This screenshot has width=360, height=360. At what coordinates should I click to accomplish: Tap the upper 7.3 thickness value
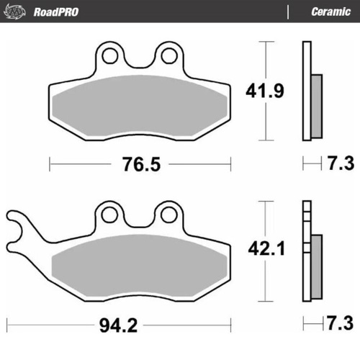(338, 164)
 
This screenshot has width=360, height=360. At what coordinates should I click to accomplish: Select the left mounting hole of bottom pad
(110, 214)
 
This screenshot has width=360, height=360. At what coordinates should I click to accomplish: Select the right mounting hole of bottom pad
(169, 214)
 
